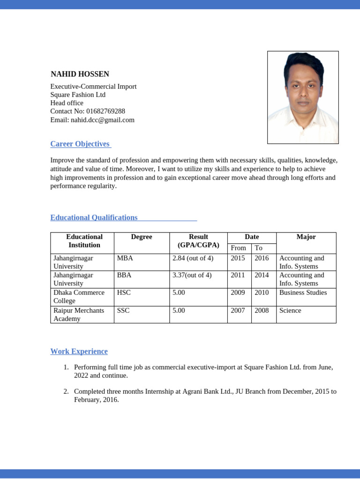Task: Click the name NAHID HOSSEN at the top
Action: click(80, 74)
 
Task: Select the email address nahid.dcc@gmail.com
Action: click(103, 120)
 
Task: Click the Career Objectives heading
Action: click(80, 144)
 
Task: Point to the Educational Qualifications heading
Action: click(94, 217)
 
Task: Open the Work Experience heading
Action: click(79, 351)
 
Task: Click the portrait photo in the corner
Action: click(303, 97)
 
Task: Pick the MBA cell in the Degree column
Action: click(125, 258)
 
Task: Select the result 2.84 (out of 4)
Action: click(193, 258)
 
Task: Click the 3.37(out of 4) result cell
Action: click(192, 275)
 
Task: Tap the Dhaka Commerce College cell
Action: click(79, 296)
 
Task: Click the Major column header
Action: click(306, 237)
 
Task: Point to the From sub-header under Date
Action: click(238, 247)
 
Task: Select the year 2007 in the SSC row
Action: click(238, 310)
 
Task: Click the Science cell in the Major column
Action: click(290, 310)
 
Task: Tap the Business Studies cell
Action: click(303, 292)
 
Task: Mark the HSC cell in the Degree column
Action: click(124, 292)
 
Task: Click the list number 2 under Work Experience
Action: click(66, 391)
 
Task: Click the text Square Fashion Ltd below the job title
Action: click(78, 95)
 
